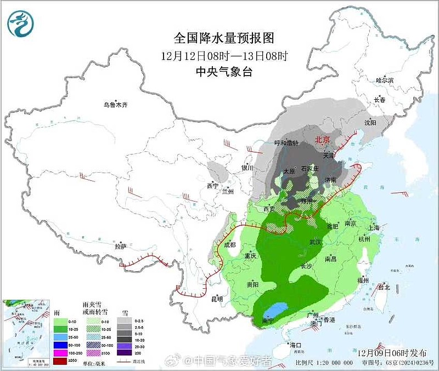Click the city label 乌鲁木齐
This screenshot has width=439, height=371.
115,105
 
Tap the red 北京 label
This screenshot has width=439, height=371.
322,140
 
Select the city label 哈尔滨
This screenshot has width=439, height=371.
385,80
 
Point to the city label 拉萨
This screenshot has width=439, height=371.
121,247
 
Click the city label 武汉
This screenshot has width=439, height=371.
314,242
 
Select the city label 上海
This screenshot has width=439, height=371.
374,227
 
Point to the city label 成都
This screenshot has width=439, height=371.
229,245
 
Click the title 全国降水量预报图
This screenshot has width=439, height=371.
224,38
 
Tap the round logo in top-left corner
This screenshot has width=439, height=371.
20,24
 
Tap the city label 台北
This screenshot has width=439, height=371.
384,287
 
